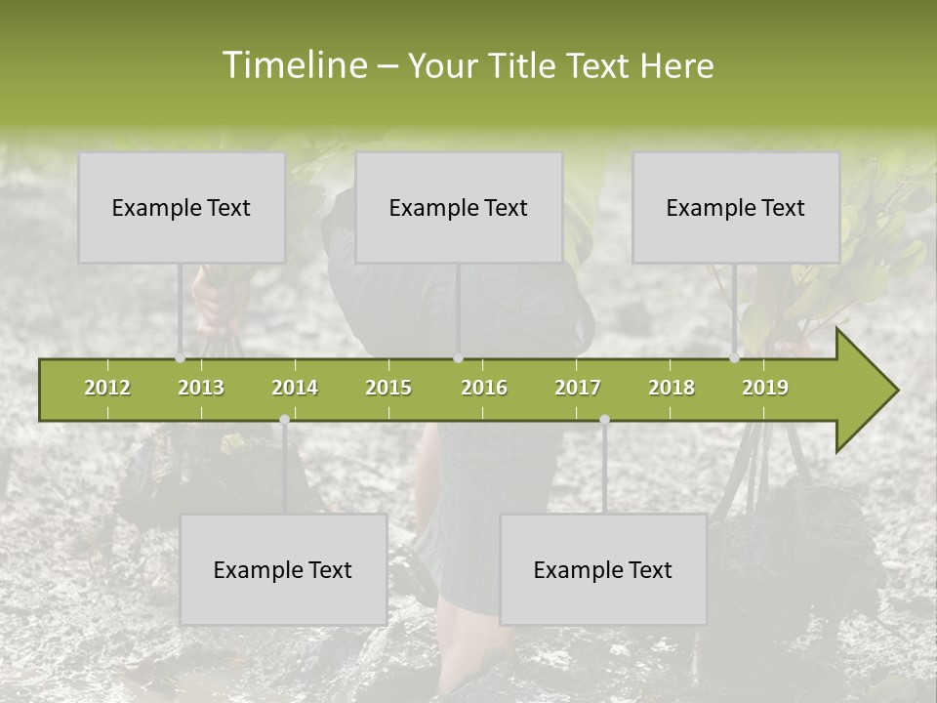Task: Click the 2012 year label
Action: click(x=107, y=388)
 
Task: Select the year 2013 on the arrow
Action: click(x=201, y=388)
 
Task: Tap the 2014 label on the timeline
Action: click(x=295, y=388)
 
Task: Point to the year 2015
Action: click(x=388, y=388)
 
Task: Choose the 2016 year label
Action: click(x=484, y=388)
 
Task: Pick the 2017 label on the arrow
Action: click(x=578, y=388)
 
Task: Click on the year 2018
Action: click(x=672, y=388)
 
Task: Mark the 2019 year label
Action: click(x=765, y=388)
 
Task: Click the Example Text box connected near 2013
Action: click(x=182, y=208)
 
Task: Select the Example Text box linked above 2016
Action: click(x=459, y=208)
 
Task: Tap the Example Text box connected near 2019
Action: click(x=736, y=208)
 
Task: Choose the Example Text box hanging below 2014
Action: click(x=283, y=570)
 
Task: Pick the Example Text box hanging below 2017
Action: click(x=603, y=570)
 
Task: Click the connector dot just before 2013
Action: click(x=181, y=358)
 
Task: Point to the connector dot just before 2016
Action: click(x=458, y=358)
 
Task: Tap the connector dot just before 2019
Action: click(x=735, y=358)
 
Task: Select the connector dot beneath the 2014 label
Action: click(x=284, y=419)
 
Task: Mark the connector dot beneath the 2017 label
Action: click(x=604, y=419)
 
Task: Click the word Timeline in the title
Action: click(x=293, y=65)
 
